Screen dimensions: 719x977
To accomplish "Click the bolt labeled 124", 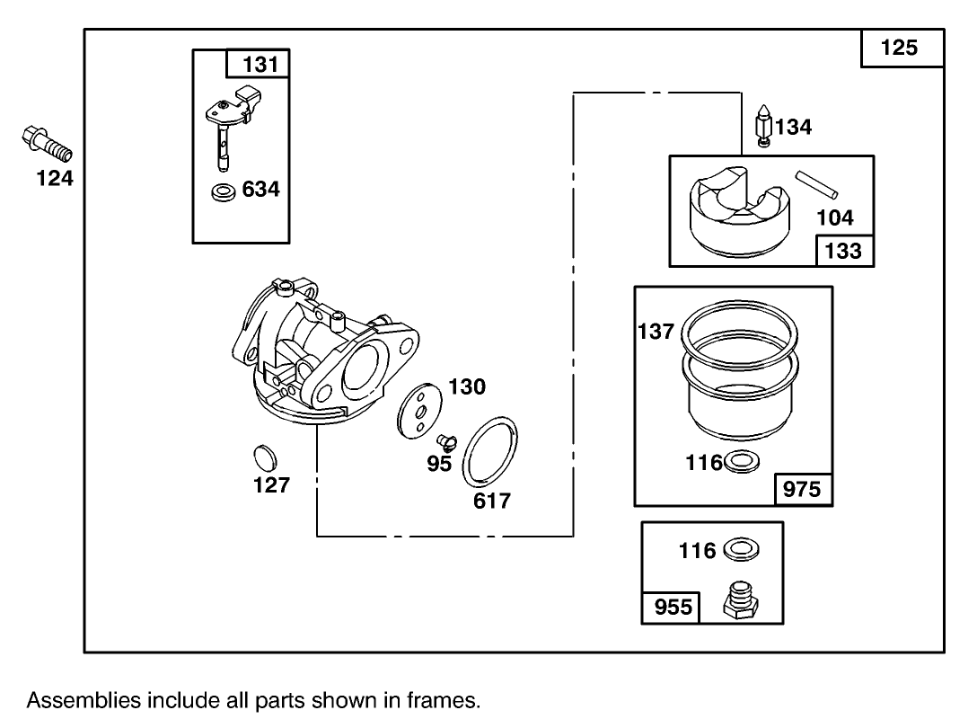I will (x=44, y=144).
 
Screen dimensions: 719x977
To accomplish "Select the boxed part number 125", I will (x=901, y=49).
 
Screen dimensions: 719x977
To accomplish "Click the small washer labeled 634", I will (x=222, y=191).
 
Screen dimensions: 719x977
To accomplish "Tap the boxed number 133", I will (x=843, y=251).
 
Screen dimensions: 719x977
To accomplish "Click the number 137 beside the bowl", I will (x=656, y=332).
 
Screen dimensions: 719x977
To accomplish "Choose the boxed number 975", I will (x=803, y=490).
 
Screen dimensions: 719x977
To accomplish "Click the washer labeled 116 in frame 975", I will (x=741, y=462).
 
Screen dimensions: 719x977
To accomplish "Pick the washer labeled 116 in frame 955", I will (x=742, y=549).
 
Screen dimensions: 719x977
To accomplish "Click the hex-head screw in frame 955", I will (x=740, y=601).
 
